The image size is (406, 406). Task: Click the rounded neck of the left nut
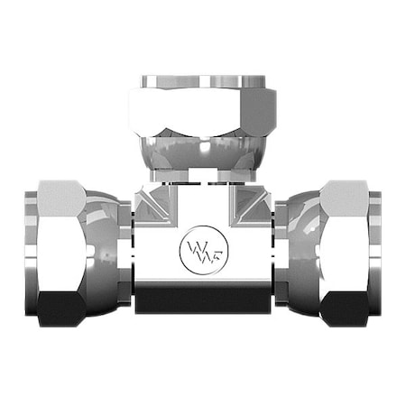click(104, 244)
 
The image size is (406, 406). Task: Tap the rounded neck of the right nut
click(302, 244)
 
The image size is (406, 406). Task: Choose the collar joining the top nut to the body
click(203, 174)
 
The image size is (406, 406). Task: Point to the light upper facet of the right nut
click(345, 194)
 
